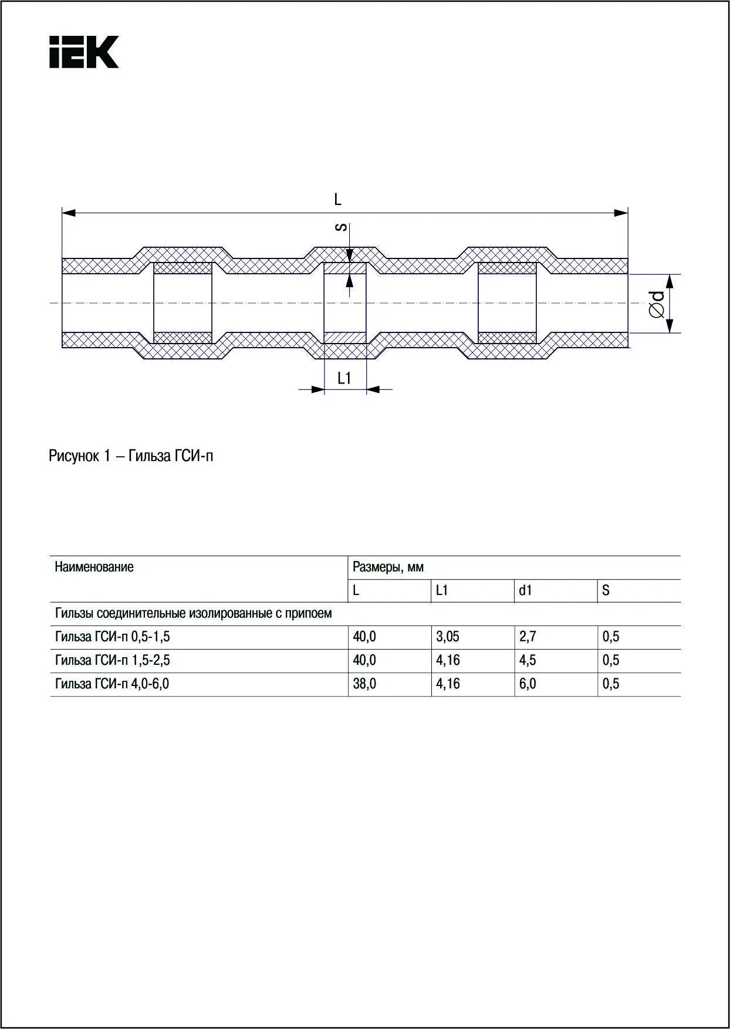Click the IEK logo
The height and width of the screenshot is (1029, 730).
[84, 52]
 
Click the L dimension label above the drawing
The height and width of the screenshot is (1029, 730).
[337, 200]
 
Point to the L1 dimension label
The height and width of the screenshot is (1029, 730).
[344, 379]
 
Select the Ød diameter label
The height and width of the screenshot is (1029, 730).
[658, 304]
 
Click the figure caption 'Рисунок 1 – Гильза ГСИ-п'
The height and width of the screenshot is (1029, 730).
[131, 456]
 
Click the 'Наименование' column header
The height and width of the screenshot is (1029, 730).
[94, 567]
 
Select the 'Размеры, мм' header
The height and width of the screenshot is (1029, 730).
[388, 567]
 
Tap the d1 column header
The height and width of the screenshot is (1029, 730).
[525, 591]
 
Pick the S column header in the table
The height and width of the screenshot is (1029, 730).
[606, 591]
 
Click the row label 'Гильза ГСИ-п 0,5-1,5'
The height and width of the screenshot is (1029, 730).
[113, 637]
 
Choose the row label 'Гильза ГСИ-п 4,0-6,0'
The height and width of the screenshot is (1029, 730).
[112, 684]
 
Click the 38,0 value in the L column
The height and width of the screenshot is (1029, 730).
[364, 684]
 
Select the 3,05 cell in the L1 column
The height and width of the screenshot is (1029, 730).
[447, 637]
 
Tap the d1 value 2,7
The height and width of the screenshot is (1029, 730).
[528, 637]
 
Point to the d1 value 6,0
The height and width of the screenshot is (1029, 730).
[528, 684]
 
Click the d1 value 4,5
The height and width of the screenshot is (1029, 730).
[528, 661]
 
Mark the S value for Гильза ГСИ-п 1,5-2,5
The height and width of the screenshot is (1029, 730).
[611, 661]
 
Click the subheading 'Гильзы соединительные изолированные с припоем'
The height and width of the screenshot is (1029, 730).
[193, 614]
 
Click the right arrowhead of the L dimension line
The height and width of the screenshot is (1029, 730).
[621, 213]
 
